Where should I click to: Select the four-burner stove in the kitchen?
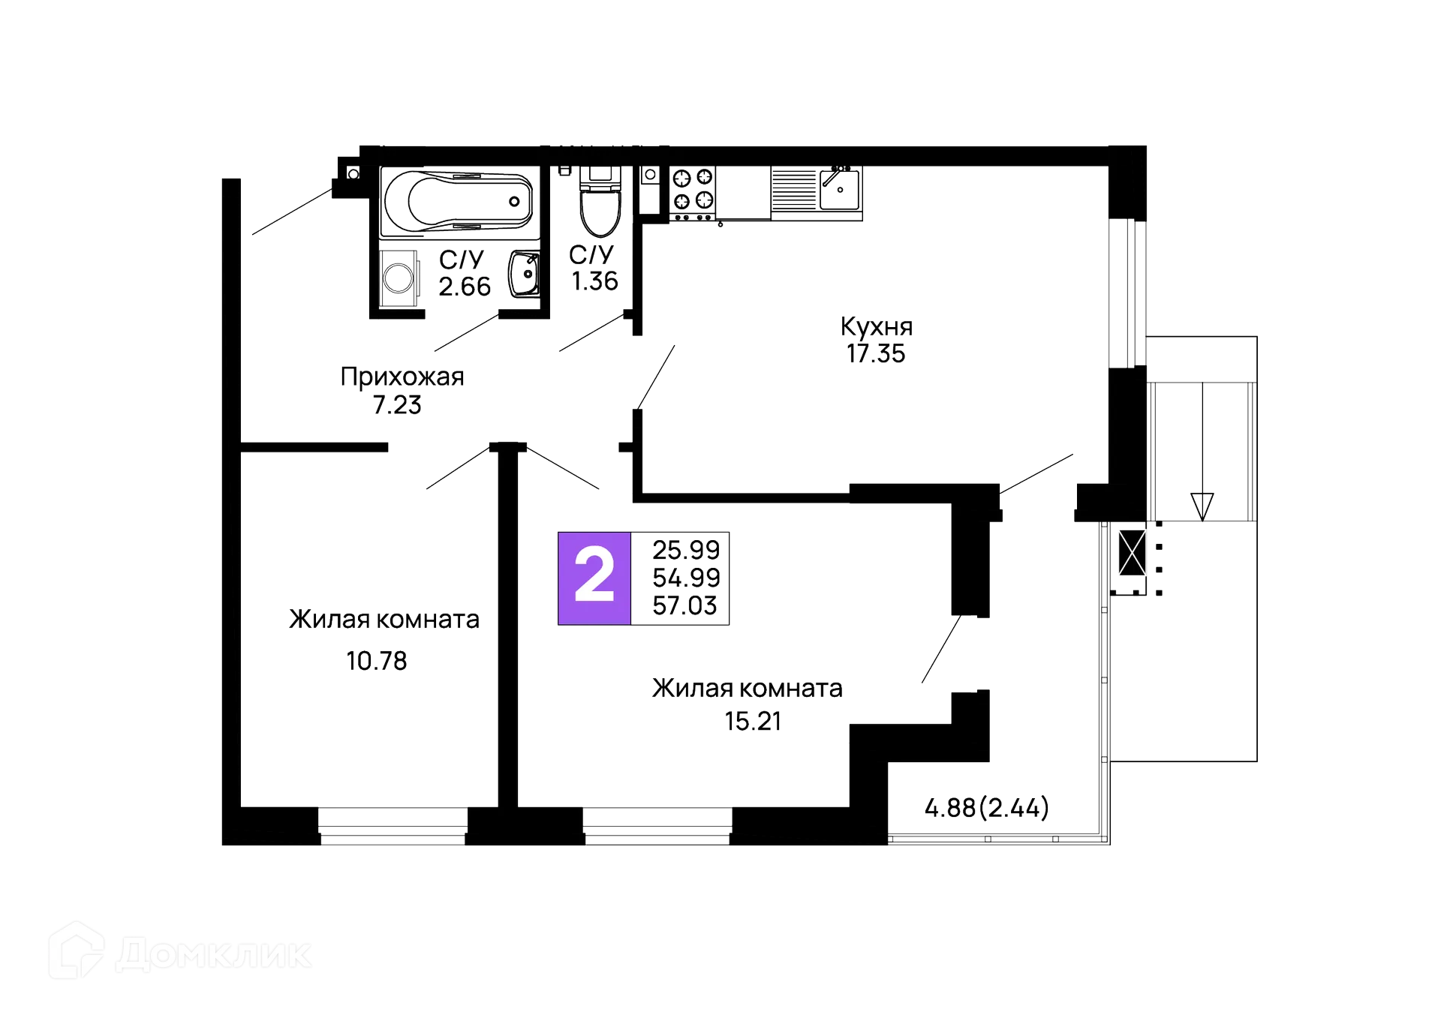point(692,189)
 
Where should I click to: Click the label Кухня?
point(876,326)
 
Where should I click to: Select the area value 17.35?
point(876,353)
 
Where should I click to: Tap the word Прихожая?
point(402,377)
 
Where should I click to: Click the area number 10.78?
point(377,661)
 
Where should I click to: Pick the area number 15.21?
point(751,721)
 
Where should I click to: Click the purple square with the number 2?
point(594,578)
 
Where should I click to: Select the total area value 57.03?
point(686,605)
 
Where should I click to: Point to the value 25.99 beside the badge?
point(686,550)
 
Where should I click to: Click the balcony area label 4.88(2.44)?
point(987,808)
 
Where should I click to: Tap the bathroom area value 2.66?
point(465,287)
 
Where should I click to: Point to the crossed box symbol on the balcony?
point(1131,552)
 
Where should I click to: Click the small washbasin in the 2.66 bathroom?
point(523,275)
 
